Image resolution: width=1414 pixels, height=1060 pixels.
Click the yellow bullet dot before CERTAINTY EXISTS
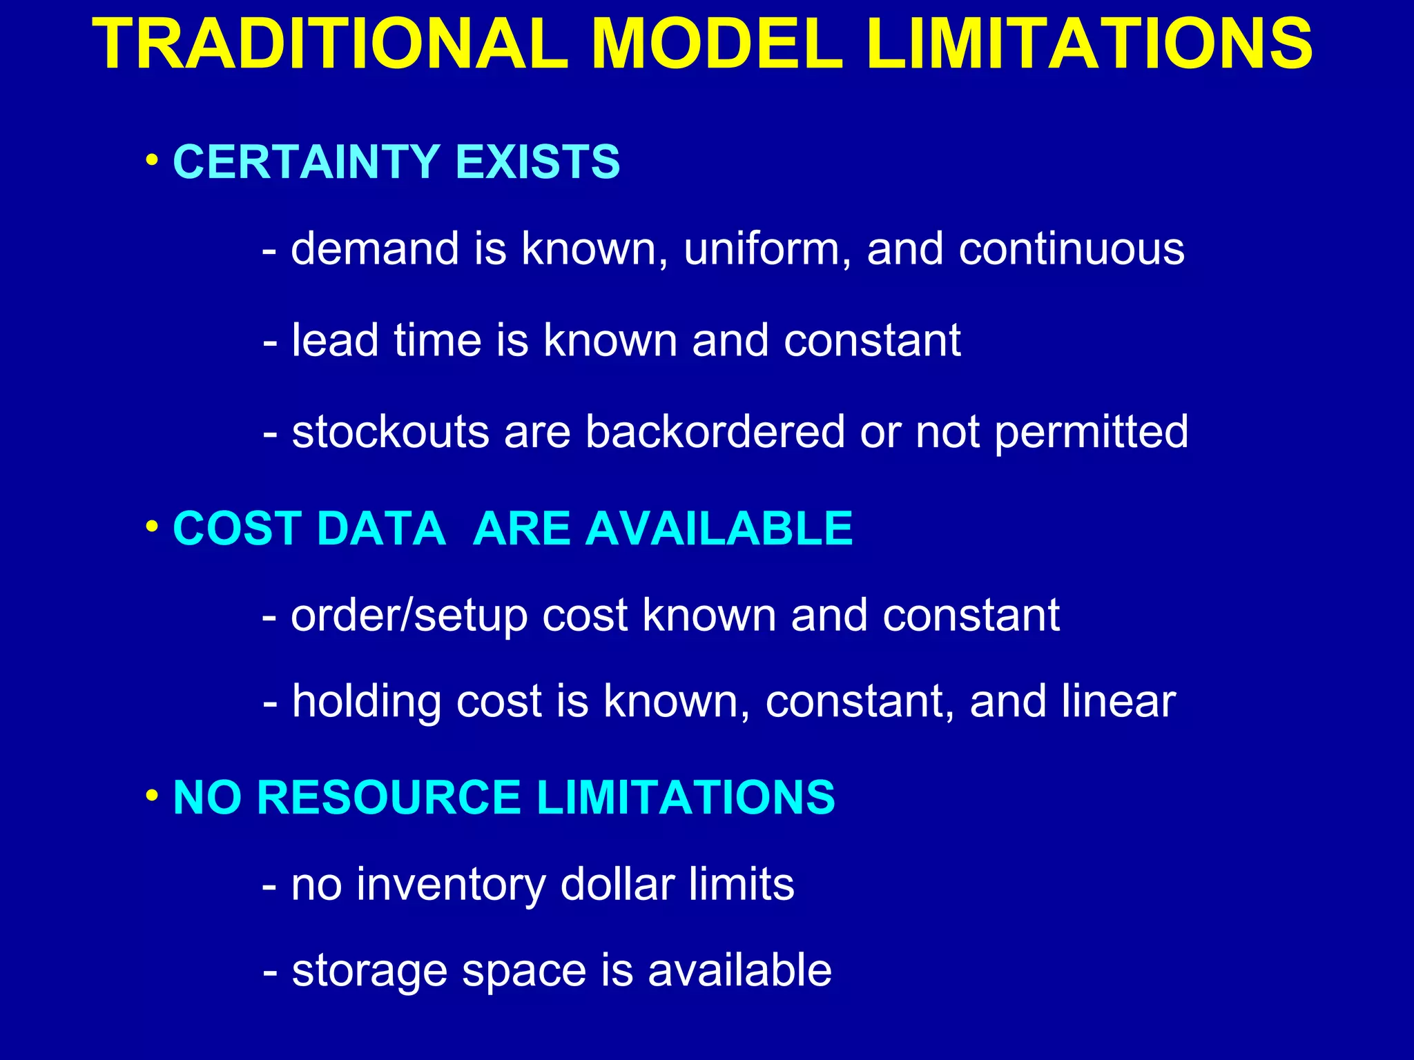point(151,161)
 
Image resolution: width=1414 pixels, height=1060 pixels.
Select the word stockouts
point(391,433)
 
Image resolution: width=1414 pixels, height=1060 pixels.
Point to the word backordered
point(715,433)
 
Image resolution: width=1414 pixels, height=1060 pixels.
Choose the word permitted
point(1092,433)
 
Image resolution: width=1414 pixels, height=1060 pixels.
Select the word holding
point(366,703)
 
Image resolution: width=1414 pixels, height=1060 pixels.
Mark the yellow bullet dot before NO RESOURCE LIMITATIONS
point(151,796)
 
